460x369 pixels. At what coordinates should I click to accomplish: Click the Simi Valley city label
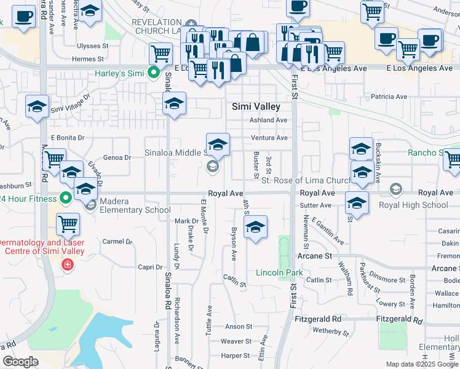coord(256,106)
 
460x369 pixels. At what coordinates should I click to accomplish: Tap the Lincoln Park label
coord(279,272)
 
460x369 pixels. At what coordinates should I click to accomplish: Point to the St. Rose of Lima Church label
coord(306,180)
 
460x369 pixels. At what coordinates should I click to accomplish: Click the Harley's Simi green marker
coord(154,73)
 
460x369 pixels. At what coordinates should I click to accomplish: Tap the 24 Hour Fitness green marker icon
coord(65,198)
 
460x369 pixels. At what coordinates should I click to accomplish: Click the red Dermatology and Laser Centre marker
coord(67,265)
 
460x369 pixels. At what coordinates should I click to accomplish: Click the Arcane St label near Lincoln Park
coord(319,255)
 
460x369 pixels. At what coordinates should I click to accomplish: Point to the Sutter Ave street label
coord(316,205)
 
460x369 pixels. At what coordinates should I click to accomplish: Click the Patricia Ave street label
coord(389,97)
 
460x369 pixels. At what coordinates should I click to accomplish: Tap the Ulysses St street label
coord(92,46)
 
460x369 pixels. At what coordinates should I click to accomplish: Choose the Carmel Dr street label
coord(117,242)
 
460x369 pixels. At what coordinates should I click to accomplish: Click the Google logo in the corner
coord(20,362)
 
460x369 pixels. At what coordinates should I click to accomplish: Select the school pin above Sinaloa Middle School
coord(217,145)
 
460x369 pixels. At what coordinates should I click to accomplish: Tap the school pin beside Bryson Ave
coord(255,228)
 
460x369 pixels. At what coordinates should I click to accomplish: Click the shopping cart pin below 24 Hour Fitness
coord(68,224)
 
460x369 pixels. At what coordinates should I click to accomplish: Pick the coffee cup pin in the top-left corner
coord(23,17)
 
